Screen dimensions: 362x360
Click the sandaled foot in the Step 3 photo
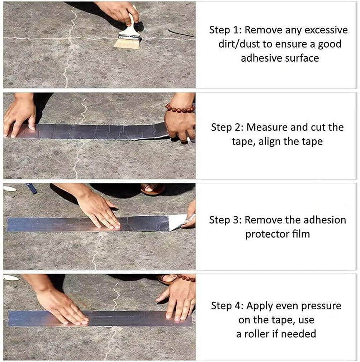[153, 189]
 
